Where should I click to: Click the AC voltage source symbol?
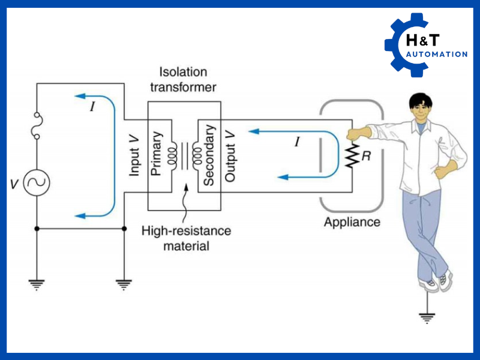click(x=37, y=183)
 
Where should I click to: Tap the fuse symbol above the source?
click(x=37, y=127)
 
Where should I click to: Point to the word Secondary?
click(x=208, y=155)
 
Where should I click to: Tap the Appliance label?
click(x=352, y=222)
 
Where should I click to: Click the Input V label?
click(x=135, y=155)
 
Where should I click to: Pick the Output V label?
click(x=230, y=155)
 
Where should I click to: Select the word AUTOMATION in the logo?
click(x=437, y=55)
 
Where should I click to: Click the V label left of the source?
click(x=14, y=184)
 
